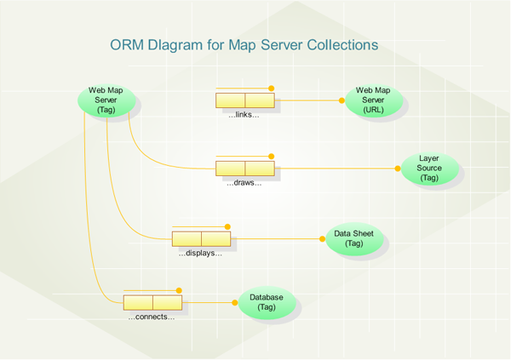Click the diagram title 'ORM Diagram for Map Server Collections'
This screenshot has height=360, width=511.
(x=244, y=44)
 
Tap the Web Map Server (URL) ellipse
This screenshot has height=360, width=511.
(x=373, y=100)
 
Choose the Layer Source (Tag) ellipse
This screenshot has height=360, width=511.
(x=429, y=169)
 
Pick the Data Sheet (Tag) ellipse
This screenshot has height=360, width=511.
(x=354, y=239)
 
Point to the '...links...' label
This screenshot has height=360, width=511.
(x=244, y=114)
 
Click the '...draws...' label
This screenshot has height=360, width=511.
(x=244, y=183)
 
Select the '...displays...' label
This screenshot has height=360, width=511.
(x=200, y=253)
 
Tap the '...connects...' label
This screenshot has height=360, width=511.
(x=152, y=317)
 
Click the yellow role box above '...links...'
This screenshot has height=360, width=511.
(x=245, y=100)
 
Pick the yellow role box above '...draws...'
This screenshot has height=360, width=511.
(x=245, y=169)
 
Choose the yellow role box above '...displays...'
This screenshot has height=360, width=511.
(x=201, y=239)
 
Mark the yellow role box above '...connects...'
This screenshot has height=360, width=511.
(x=152, y=302)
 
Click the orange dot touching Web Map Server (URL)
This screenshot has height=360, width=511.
(x=342, y=100)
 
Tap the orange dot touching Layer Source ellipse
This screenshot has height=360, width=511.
(x=398, y=169)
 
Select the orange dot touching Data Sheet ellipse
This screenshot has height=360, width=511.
(x=323, y=239)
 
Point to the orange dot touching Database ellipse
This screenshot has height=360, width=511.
(x=235, y=302)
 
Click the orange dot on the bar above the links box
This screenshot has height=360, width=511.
(x=272, y=88)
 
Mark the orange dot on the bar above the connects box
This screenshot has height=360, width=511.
(x=179, y=289)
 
